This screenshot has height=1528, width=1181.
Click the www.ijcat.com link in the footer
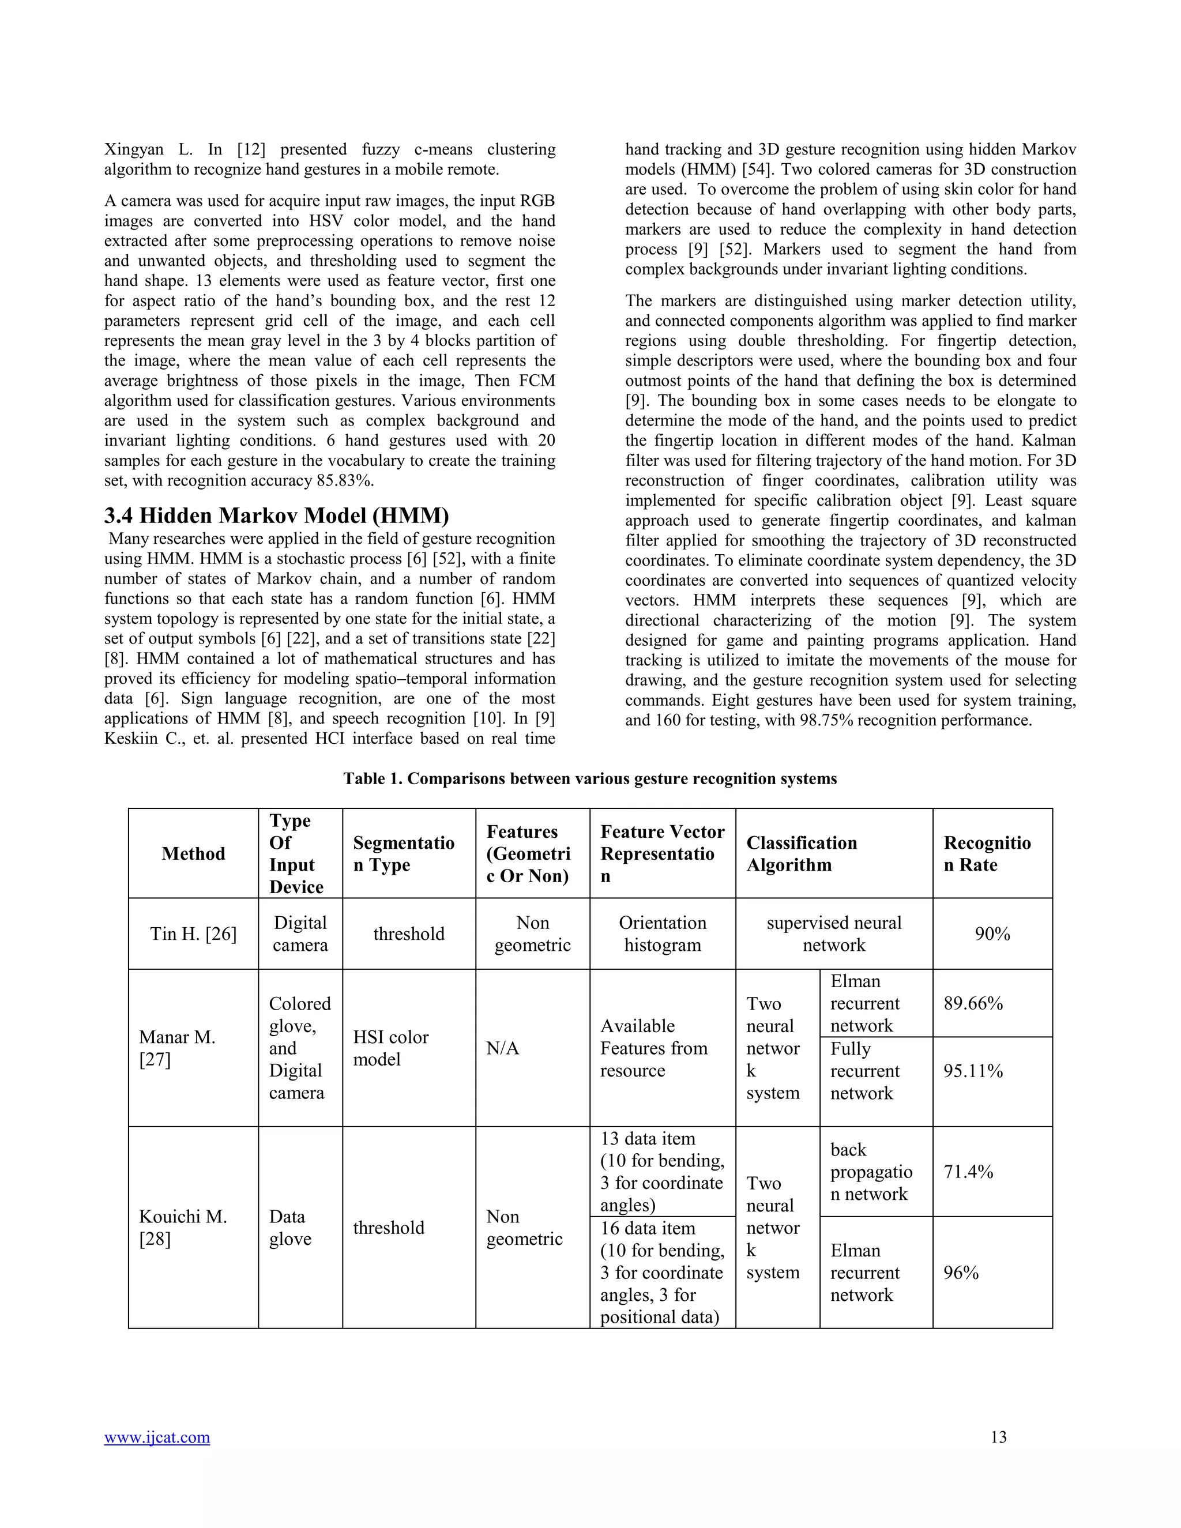(157, 1437)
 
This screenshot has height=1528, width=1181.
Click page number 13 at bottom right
(998, 1437)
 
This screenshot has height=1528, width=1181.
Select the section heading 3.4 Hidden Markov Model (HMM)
(276, 515)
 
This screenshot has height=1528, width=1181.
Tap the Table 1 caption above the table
(590, 778)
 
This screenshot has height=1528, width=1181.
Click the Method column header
(193, 853)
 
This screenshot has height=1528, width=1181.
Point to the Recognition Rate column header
(987, 853)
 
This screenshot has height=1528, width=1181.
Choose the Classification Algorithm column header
(802, 853)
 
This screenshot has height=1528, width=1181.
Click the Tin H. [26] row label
(193, 934)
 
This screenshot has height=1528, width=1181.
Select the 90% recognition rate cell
(992, 934)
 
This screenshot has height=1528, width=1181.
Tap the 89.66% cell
(973, 1003)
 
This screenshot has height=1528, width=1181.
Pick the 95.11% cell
(973, 1071)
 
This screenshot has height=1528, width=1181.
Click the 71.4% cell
(968, 1172)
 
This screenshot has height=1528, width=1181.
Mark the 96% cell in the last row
(961, 1273)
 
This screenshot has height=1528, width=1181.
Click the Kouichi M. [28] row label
(183, 1228)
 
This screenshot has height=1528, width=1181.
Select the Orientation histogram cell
(662, 934)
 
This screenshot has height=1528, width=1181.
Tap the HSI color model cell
(390, 1048)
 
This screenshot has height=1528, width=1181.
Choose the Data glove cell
(289, 1228)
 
